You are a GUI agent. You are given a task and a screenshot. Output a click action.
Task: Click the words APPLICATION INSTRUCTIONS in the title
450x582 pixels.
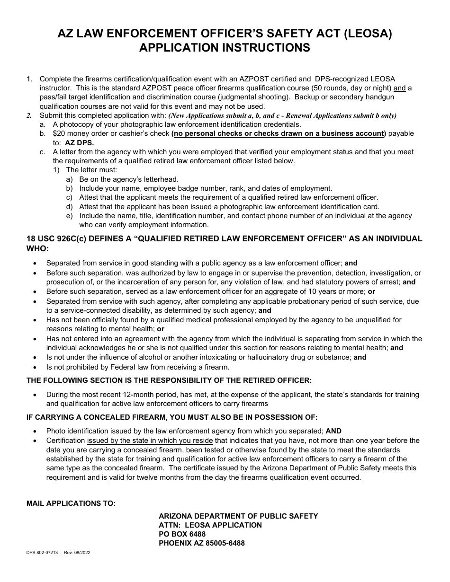[225, 48]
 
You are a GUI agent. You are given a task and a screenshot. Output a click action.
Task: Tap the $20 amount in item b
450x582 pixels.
[59, 133]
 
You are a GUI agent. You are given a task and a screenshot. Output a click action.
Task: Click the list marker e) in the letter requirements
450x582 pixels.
[70, 216]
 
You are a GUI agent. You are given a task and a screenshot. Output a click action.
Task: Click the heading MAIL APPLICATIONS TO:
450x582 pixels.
[71, 503]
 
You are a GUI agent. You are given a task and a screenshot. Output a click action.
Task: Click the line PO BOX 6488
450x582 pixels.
[182, 534]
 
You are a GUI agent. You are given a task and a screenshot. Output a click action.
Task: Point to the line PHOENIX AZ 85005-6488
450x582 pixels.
[202, 543]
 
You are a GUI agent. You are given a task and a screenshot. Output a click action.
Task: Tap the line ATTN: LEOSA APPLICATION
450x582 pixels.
[210, 525]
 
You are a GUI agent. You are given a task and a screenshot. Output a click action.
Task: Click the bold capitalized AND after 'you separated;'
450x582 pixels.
[333, 431]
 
